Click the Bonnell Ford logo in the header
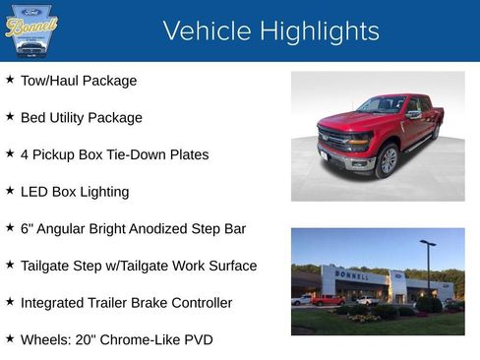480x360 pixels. (x=31, y=30)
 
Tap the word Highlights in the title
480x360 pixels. (x=318, y=31)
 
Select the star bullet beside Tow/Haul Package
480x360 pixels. (x=10, y=80)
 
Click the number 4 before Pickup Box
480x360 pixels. (x=25, y=154)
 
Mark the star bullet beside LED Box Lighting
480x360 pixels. (x=10, y=191)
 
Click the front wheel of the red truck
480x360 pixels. (x=388, y=159)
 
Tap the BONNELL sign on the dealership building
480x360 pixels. (x=352, y=275)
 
